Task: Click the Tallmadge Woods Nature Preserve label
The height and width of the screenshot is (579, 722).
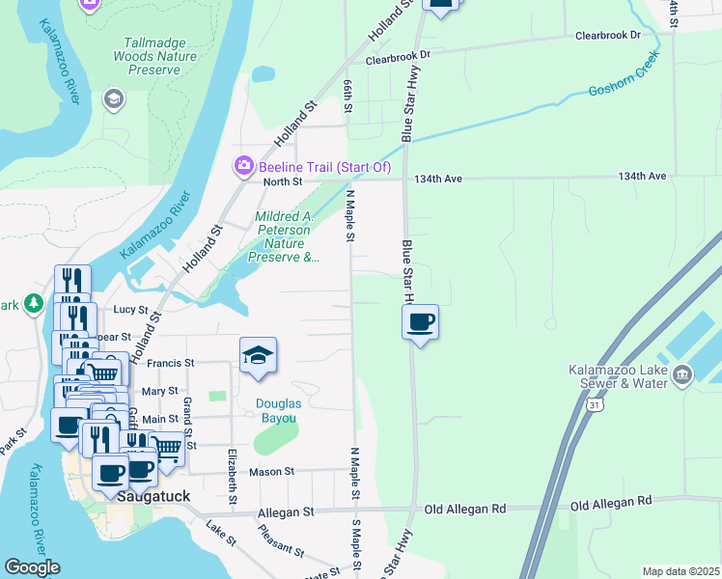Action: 160,56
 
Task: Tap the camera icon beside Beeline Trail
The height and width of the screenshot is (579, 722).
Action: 243,167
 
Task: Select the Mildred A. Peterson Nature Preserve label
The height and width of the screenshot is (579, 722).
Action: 283,237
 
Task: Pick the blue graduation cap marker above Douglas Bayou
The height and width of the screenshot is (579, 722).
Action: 258,358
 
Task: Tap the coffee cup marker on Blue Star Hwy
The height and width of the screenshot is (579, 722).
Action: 420,321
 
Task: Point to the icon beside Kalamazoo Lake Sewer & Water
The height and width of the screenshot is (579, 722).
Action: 682,373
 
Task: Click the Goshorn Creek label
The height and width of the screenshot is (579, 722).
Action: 622,89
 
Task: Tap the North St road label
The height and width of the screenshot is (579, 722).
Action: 283,181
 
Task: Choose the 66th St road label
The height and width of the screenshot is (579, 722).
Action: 346,97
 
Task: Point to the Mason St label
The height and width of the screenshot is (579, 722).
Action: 271,472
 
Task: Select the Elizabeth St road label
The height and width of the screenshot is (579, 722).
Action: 232,477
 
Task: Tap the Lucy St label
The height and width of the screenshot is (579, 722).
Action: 129,310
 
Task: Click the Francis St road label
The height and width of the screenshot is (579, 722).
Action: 171,363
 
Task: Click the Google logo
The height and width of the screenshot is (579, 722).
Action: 32,567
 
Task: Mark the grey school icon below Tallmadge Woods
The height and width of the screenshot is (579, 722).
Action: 113,99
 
